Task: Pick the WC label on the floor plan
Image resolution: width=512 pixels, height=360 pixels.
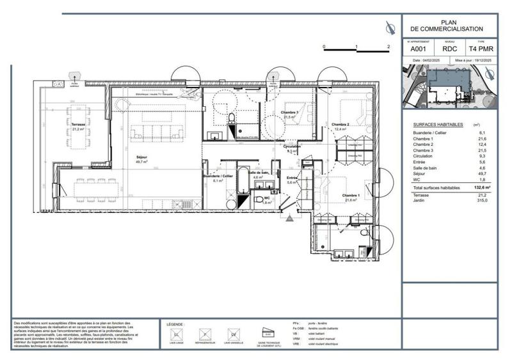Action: pos(268,200)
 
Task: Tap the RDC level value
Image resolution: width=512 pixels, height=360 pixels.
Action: pos(450,48)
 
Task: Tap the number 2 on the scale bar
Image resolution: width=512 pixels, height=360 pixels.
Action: pos(388,47)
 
